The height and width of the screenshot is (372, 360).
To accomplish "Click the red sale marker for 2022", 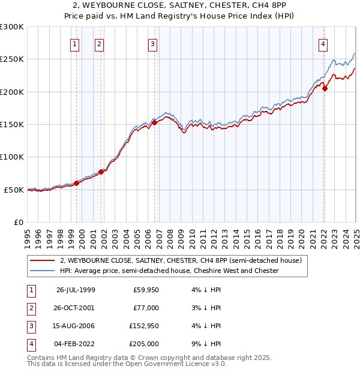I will click(x=325, y=88).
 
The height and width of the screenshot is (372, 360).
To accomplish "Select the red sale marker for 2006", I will click(x=154, y=122).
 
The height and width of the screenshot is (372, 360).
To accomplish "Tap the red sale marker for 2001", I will click(x=101, y=172).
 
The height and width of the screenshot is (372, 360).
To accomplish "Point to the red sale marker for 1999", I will click(x=77, y=183).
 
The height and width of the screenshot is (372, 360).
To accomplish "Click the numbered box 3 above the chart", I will click(x=153, y=43).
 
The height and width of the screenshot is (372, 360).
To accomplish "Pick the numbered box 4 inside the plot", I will click(x=323, y=43).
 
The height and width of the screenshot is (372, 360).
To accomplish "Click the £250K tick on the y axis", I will click(x=12, y=59).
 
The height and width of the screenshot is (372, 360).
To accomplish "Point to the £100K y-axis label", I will click(x=12, y=157).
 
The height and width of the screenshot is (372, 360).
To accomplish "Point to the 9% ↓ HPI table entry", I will click(x=206, y=344).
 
